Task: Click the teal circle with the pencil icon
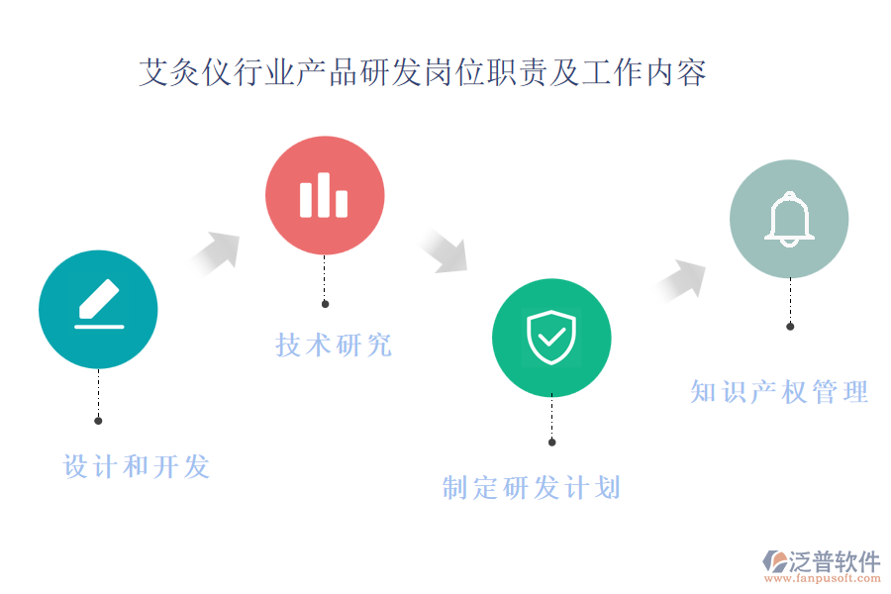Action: pos(98,309)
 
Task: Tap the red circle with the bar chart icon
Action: pos(325,195)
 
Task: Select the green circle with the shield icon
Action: pos(551,338)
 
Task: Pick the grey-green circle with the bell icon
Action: pos(789,219)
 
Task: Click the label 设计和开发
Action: pos(137,466)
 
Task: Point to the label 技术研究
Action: pos(334,346)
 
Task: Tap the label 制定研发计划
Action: pos(532,488)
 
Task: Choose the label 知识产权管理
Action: pos(779,392)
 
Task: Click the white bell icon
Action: pos(789,220)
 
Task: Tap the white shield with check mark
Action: pos(551,337)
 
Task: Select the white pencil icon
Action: pos(99,303)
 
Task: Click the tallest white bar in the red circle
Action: pos(324,195)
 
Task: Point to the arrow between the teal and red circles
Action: pos(216,253)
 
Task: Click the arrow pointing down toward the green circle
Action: pos(445,251)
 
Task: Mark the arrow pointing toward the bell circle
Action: pos(680,280)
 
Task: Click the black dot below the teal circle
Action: pos(98,421)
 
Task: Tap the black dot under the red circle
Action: pos(325,304)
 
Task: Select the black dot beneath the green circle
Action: pos(551,443)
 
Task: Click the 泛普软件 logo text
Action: pos(835,561)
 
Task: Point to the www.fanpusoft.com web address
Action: pos(823,578)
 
